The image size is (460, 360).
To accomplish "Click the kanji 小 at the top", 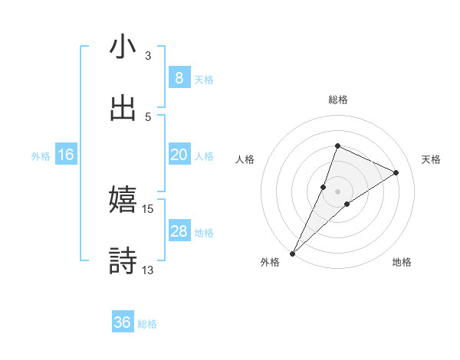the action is point(123,47).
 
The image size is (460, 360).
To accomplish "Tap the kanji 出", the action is point(123,108).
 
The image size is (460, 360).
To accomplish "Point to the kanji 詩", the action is point(123,260).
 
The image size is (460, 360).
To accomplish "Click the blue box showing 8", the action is point(179,77).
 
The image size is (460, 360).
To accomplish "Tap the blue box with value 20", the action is point(179,155).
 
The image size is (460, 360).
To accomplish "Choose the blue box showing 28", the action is point(179,231).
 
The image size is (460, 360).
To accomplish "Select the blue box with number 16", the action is point(65,155).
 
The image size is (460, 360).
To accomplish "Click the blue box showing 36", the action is point(123,322).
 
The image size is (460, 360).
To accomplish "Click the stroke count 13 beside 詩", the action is point(148,270).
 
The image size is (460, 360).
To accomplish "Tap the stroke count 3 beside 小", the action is point(148,56).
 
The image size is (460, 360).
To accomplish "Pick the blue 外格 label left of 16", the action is point(41,155).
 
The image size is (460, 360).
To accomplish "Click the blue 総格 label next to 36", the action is point(147,323).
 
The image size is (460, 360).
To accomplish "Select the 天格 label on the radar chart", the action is point(432,159).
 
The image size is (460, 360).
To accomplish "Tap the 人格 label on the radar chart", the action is point(245,159).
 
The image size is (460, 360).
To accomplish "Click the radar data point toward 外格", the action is point(293,253).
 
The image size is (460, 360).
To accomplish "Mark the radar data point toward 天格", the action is point(396,172).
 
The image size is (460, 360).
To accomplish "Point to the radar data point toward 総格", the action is point(337,146).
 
